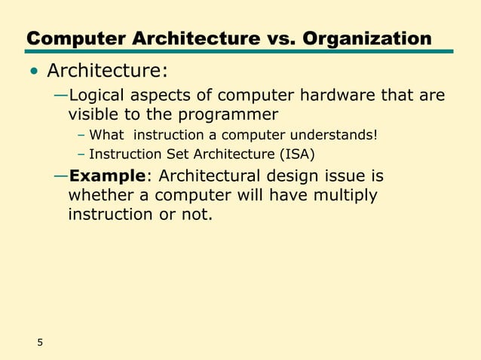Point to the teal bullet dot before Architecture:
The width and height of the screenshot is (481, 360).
click(34, 74)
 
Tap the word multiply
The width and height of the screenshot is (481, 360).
click(344, 195)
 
